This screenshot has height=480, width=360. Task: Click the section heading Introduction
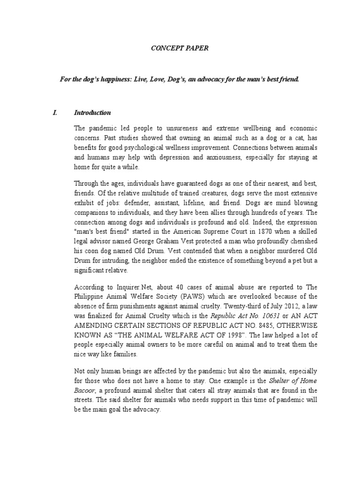tap(92, 112)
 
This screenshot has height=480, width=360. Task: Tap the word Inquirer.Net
tap(123, 287)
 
